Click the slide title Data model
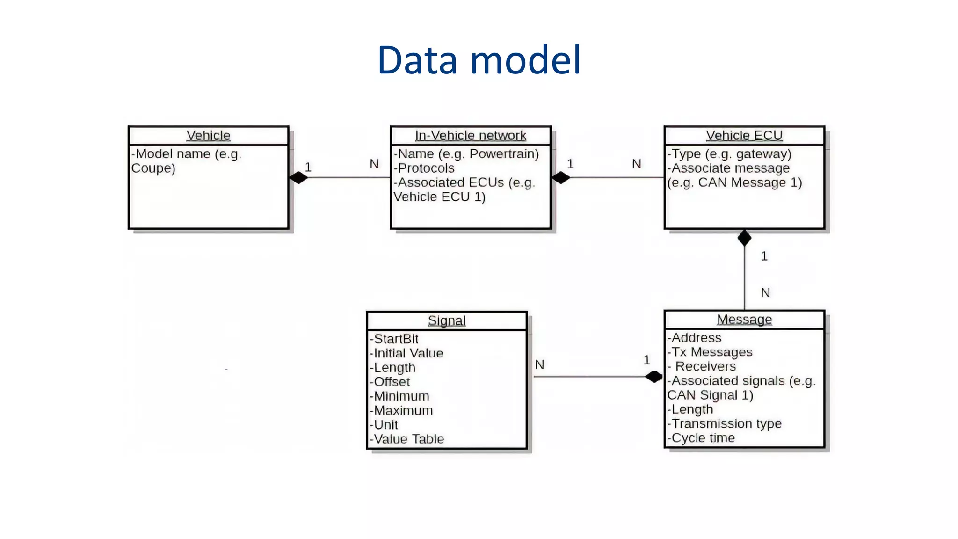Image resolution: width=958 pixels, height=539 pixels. (479, 60)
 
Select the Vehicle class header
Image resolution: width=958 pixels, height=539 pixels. (208, 136)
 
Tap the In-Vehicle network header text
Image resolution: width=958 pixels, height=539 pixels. (471, 136)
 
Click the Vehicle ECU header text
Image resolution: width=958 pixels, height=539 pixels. (744, 136)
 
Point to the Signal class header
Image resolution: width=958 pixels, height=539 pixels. (447, 321)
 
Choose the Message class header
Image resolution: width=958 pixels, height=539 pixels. (744, 320)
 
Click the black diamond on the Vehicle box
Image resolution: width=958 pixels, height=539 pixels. (298, 178)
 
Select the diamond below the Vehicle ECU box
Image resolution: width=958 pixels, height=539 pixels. (744, 238)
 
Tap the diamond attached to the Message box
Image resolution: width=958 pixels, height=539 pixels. (653, 377)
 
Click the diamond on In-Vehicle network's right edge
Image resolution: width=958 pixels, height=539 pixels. (561, 178)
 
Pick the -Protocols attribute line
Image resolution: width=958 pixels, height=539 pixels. (424, 168)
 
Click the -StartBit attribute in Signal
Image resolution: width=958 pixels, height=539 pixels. (394, 339)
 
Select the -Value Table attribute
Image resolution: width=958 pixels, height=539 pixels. (407, 439)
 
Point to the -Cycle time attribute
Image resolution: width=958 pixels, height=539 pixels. (701, 438)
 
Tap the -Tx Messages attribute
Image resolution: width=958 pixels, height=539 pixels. (710, 352)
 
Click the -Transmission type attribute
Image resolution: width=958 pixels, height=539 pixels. (725, 424)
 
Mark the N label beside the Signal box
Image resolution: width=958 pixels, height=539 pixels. (539, 365)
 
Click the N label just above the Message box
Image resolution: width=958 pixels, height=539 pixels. (765, 293)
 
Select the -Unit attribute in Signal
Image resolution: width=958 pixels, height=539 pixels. (384, 425)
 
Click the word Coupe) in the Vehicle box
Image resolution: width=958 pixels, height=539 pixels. (153, 168)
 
